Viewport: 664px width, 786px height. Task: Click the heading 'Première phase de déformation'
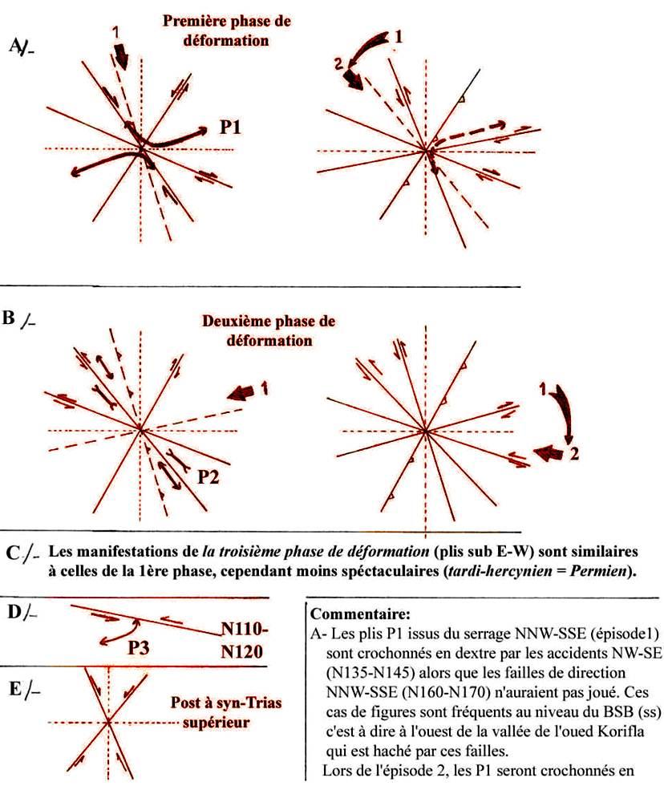[217, 30]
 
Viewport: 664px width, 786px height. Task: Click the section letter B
[10, 318]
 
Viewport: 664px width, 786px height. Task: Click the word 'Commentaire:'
[353, 615]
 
